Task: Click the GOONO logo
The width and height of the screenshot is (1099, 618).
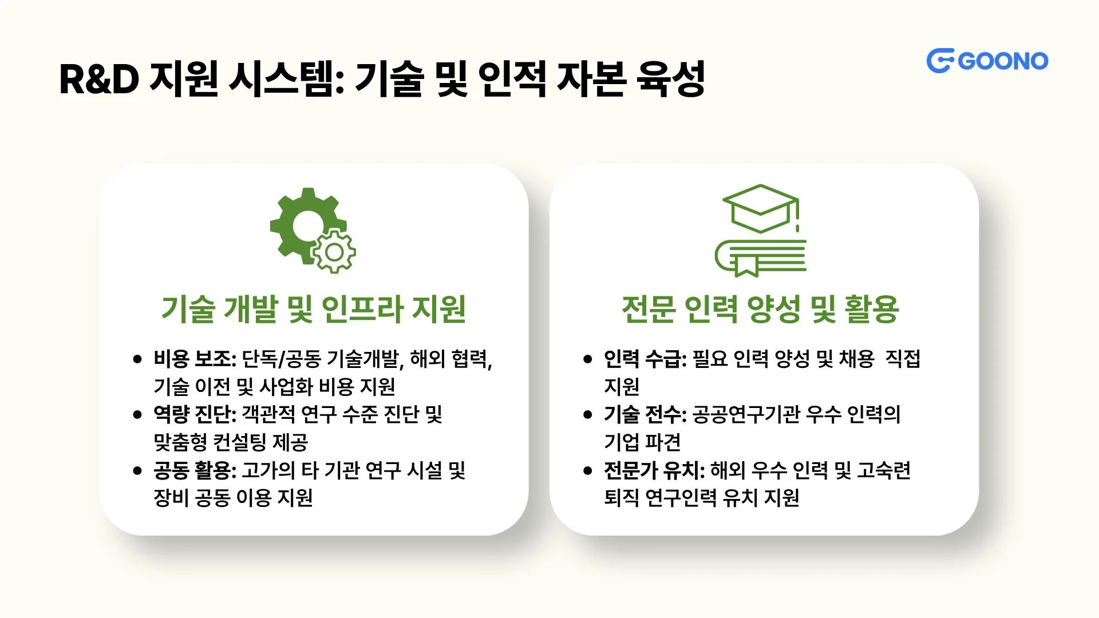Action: pyautogui.click(x=987, y=61)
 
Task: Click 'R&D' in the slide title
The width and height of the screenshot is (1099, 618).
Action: pyautogui.click(x=99, y=79)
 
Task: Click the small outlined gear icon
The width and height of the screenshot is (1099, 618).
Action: pyautogui.click(x=334, y=252)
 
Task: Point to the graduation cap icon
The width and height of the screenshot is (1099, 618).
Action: pyautogui.click(x=760, y=208)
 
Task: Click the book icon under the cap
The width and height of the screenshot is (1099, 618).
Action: pyautogui.click(x=760, y=258)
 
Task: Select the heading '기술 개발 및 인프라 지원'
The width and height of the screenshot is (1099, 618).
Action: pyautogui.click(x=314, y=309)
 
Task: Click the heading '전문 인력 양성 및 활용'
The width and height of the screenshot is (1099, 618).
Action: pyautogui.click(x=760, y=309)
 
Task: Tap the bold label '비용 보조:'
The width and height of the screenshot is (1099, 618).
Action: pyautogui.click(x=195, y=359)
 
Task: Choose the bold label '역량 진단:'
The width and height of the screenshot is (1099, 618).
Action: pyautogui.click(x=195, y=414)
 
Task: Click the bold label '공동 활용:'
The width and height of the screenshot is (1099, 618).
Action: pyautogui.click(x=195, y=470)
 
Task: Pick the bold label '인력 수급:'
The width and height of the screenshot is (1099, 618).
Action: pyautogui.click(x=645, y=359)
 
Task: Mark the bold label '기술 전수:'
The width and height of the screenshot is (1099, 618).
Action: pyautogui.click(x=645, y=414)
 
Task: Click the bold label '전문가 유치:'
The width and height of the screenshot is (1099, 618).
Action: pyautogui.click(x=654, y=470)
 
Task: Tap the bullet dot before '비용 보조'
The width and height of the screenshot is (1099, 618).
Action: pyautogui.click(x=137, y=359)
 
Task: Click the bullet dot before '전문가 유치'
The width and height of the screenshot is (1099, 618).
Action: pyautogui.click(x=588, y=471)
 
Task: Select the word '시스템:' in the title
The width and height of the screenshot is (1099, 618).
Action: pyautogui.click(x=286, y=79)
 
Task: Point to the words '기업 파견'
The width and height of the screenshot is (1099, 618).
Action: pyautogui.click(x=642, y=442)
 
